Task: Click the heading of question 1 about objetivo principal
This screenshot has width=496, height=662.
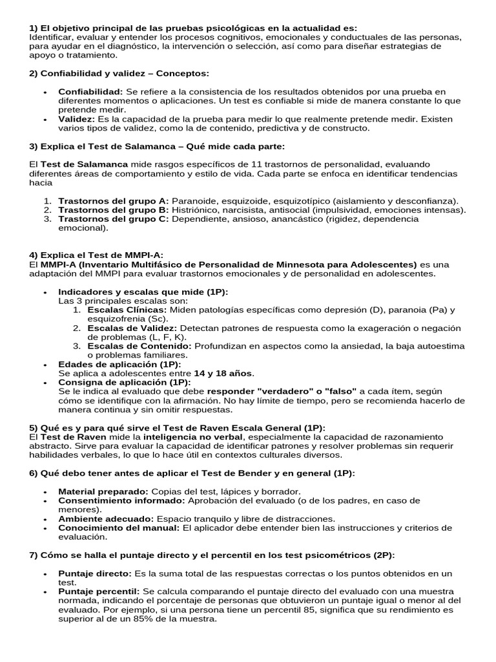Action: (x=193, y=28)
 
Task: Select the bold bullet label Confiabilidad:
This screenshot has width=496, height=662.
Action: (x=90, y=92)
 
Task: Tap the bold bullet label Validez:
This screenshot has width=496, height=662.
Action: (x=76, y=119)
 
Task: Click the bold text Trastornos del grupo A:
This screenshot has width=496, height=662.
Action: (x=114, y=201)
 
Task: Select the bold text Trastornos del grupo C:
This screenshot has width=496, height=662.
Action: (x=114, y=219)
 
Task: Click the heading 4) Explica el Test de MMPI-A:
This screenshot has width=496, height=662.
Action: (x=96, y=255)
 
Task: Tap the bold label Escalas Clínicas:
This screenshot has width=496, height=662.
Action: (x=127, y=310)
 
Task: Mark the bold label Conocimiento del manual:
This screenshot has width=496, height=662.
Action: (x=119, y=528)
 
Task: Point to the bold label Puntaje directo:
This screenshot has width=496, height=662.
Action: (x=94, y=573)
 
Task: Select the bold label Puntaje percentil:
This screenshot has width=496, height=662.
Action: (x=99, y=592)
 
